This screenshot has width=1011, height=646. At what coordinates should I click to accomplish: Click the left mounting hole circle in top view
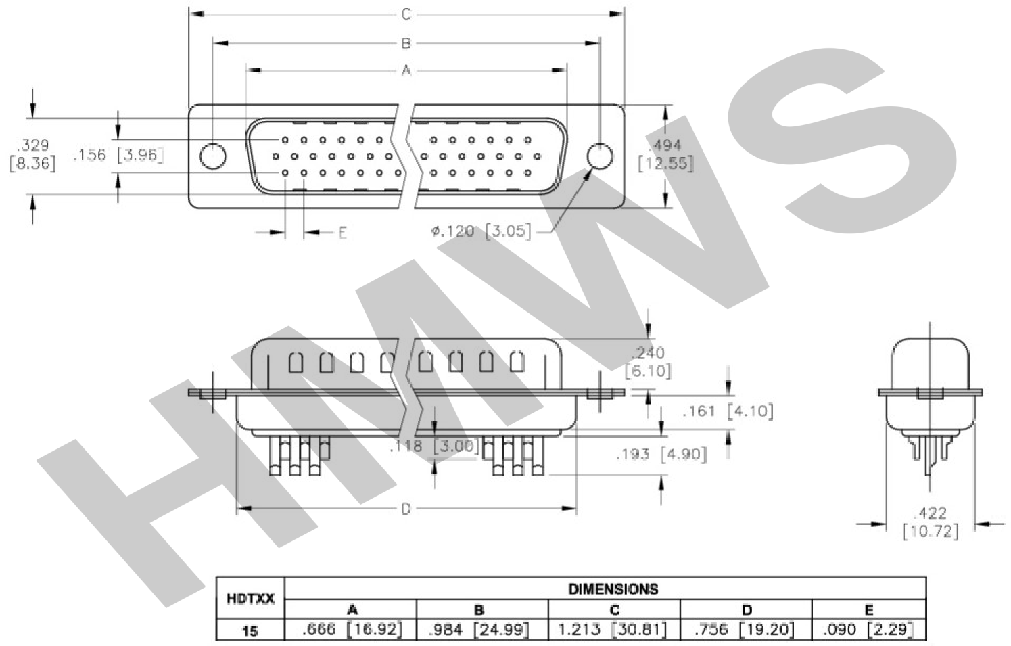pos(212,156)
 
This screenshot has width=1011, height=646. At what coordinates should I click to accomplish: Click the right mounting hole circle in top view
pos(600,156)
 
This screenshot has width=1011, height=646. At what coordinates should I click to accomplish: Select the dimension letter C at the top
pos(406,14)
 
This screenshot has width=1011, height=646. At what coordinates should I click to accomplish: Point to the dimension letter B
pos(406,43)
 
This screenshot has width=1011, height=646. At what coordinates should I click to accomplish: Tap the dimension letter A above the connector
pos(406,70)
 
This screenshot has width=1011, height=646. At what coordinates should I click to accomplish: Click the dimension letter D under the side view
pos(406,509)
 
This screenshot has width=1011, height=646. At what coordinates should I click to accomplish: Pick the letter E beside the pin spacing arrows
pos(343,233)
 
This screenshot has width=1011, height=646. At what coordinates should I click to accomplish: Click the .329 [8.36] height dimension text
pos(32,154)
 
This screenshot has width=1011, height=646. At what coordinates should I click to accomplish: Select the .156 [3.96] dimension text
pos(118,155)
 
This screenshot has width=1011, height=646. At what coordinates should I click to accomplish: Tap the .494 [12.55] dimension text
pos(665,154)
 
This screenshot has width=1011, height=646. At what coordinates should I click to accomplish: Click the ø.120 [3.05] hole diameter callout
pos(481,231)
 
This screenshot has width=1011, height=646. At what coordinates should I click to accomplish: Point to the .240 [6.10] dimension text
pos(648,362)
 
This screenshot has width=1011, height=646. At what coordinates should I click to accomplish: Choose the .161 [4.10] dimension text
pos(728,411)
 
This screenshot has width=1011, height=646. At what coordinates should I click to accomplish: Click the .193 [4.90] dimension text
pos(661,454)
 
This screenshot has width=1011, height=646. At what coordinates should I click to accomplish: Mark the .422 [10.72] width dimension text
pos(931,522)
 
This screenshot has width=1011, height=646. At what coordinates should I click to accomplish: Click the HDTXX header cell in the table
pos(250,599)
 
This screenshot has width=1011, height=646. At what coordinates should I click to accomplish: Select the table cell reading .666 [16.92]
pos(352,630)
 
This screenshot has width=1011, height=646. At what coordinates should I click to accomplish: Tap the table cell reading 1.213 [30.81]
pos(613,630)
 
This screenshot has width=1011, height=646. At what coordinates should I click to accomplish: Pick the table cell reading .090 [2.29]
pos(868,630)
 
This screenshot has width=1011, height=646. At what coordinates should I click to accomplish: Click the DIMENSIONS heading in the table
pos(613,589)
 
